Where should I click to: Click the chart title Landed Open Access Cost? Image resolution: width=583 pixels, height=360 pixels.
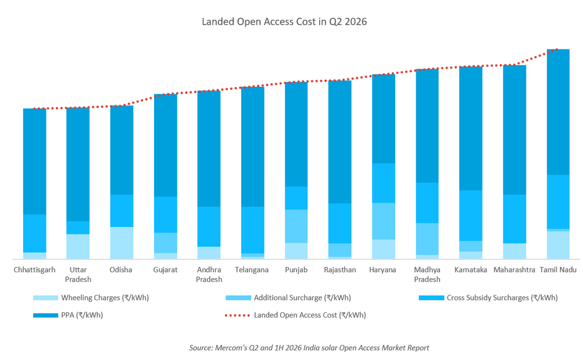pos(259,22)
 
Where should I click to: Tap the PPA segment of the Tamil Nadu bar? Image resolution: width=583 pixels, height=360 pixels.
pos(558,112)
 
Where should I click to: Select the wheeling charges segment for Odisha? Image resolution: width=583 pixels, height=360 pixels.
pos(121,243)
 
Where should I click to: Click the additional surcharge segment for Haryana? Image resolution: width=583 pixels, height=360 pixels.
pos(384,221)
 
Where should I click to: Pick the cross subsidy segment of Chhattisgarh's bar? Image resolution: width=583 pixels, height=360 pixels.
pos(34,234)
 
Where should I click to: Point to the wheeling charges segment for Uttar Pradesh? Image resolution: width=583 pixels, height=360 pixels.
pos(78,247)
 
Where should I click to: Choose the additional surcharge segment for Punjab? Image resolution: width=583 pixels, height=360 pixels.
pos(296,226)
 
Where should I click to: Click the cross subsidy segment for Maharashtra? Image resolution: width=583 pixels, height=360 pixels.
pos(514,219)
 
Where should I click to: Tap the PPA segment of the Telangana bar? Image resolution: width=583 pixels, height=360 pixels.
pos(253,147)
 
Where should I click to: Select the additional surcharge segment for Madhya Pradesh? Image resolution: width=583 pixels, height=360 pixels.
pos(427,239)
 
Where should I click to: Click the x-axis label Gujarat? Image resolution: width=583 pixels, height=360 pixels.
pos(166,270)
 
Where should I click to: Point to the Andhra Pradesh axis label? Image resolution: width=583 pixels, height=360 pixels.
pos(209,275)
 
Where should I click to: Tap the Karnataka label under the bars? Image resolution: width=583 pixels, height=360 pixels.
pos(471,270)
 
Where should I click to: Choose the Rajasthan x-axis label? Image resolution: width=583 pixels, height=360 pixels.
pos(340,270)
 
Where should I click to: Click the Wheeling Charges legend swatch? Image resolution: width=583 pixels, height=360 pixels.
pos(46,298)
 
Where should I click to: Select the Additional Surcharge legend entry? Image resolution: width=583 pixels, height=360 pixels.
pos(288,298)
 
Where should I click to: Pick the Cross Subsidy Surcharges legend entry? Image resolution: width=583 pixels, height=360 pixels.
pos(488,298)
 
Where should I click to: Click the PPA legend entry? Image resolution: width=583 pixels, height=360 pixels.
pos(68,315)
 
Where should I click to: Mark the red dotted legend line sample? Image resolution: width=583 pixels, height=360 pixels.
pos(238,315)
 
